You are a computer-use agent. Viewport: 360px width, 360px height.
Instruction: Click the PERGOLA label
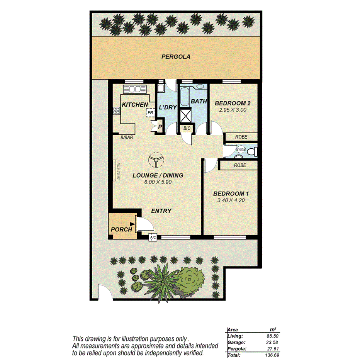[175, 57]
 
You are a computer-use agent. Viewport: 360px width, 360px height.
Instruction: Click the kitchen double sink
[134, 89]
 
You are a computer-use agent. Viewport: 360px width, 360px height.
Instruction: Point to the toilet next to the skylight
[252, 151]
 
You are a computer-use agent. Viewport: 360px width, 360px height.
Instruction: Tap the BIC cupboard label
[187, 128]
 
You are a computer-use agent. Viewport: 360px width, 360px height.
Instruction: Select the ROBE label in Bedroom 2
[241, 137]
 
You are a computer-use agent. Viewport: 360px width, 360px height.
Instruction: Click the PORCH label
[121, 229]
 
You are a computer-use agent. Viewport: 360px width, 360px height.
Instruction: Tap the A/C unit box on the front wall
[153, 238]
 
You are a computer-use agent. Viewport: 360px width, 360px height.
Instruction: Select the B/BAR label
[126, 137]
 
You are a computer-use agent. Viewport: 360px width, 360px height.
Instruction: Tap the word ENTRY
[161, 211]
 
